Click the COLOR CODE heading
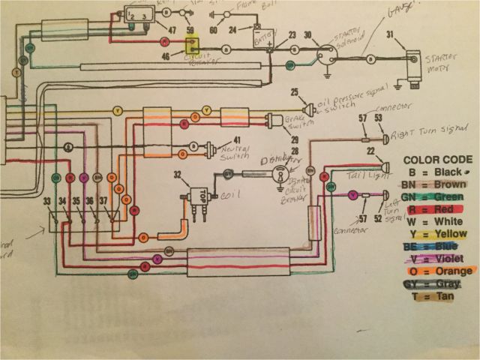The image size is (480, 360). click(439, 160)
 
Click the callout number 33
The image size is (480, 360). click(47, 200)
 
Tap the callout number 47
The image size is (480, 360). click(172, 30)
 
